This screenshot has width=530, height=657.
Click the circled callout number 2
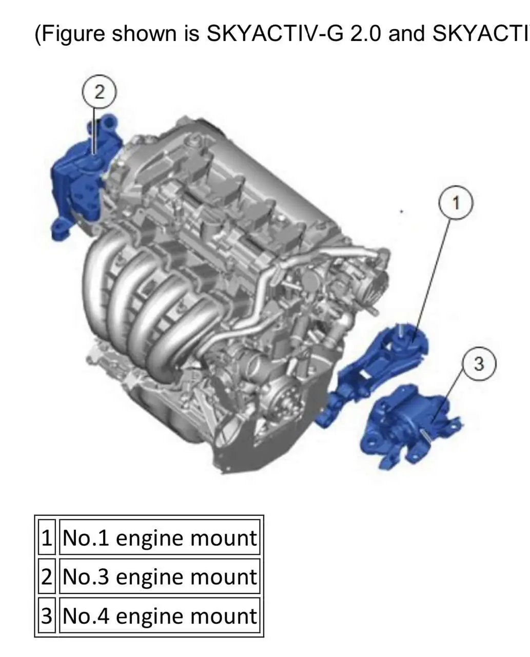point(99,91)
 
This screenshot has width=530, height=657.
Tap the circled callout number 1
point(456,203)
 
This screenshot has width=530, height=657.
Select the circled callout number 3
point(479,363)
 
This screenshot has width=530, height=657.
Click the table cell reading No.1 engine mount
point(160,537)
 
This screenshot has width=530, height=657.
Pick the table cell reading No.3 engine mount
point(160,576)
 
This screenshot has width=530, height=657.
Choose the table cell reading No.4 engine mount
point(160,615)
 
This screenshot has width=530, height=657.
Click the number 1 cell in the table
point(47,537)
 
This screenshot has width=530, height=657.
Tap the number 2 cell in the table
point(47,576)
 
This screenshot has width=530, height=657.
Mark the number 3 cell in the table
point(47,615)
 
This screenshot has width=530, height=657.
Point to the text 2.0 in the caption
point(366,33)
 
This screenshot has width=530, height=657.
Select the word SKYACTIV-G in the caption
point(274,33)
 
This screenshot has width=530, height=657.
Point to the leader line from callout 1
point(431,280)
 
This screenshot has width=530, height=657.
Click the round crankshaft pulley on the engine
point(283,400)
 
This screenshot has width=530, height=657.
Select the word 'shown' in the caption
point(144,33)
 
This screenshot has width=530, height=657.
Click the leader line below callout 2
point(94,131)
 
